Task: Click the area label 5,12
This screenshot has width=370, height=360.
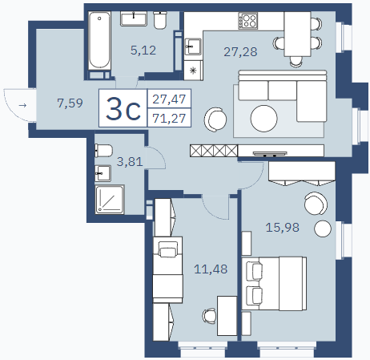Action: (143, 51)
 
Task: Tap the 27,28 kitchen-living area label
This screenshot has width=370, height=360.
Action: (240, 52)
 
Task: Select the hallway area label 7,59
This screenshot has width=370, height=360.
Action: (70, 103)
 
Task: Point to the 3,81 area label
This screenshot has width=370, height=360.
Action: (130, 162)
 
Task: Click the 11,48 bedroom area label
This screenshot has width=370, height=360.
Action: (211, 269)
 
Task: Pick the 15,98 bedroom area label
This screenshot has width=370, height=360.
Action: (283, 228)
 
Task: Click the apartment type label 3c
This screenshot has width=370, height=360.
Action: (123, 108)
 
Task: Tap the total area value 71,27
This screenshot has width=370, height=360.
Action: (169, 118)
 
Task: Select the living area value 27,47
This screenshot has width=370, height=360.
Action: (169, 99)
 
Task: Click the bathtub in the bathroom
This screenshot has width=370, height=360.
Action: (99, 41)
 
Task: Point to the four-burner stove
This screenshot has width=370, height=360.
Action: (248, 21)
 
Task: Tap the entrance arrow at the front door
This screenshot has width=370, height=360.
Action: (22, 106)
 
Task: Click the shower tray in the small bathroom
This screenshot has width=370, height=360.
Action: (110, 200)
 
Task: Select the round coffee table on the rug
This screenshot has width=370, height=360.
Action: (263, 119)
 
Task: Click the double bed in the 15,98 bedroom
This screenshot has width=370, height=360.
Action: (274, 284)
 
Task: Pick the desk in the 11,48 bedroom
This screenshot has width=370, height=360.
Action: (227, 316)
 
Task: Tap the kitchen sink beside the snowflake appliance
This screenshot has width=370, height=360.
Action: (193, 47)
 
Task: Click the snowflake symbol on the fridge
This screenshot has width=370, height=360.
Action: (193, 71)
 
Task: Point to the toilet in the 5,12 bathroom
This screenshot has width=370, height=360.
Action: (160, 20)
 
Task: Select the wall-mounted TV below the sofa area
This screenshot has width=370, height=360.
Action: (270, 154)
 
